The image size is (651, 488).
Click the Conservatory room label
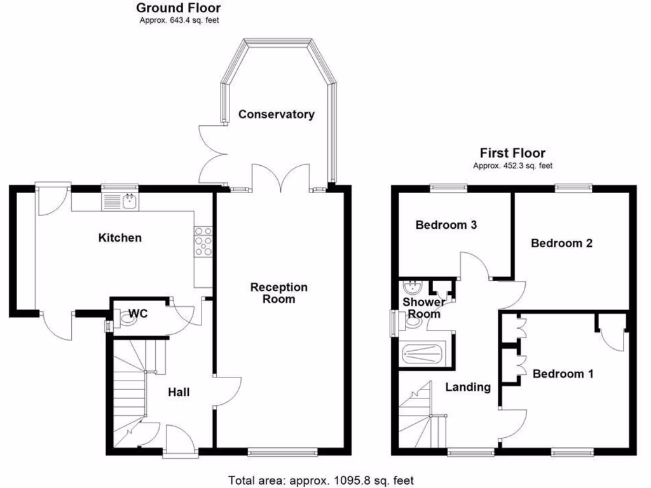[x=276, y=114]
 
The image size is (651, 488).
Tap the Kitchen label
[x=120, y=238]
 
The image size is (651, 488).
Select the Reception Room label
[x=278, y=293]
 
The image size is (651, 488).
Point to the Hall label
[x=179, y=392]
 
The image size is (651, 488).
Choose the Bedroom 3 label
[x=446, y=225]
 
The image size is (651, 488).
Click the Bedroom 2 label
[x=562, y=243]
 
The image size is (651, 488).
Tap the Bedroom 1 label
[x=563, y=374]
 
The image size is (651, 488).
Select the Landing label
[x=468, y=387]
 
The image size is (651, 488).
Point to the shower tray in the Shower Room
[x=422, y=353]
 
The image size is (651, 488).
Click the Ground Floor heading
[x=179, y=8]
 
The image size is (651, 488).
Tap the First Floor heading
[x=512, y=153]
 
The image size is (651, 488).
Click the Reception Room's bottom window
[x=282, y=452]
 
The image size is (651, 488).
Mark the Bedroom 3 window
[x=448, y=187]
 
